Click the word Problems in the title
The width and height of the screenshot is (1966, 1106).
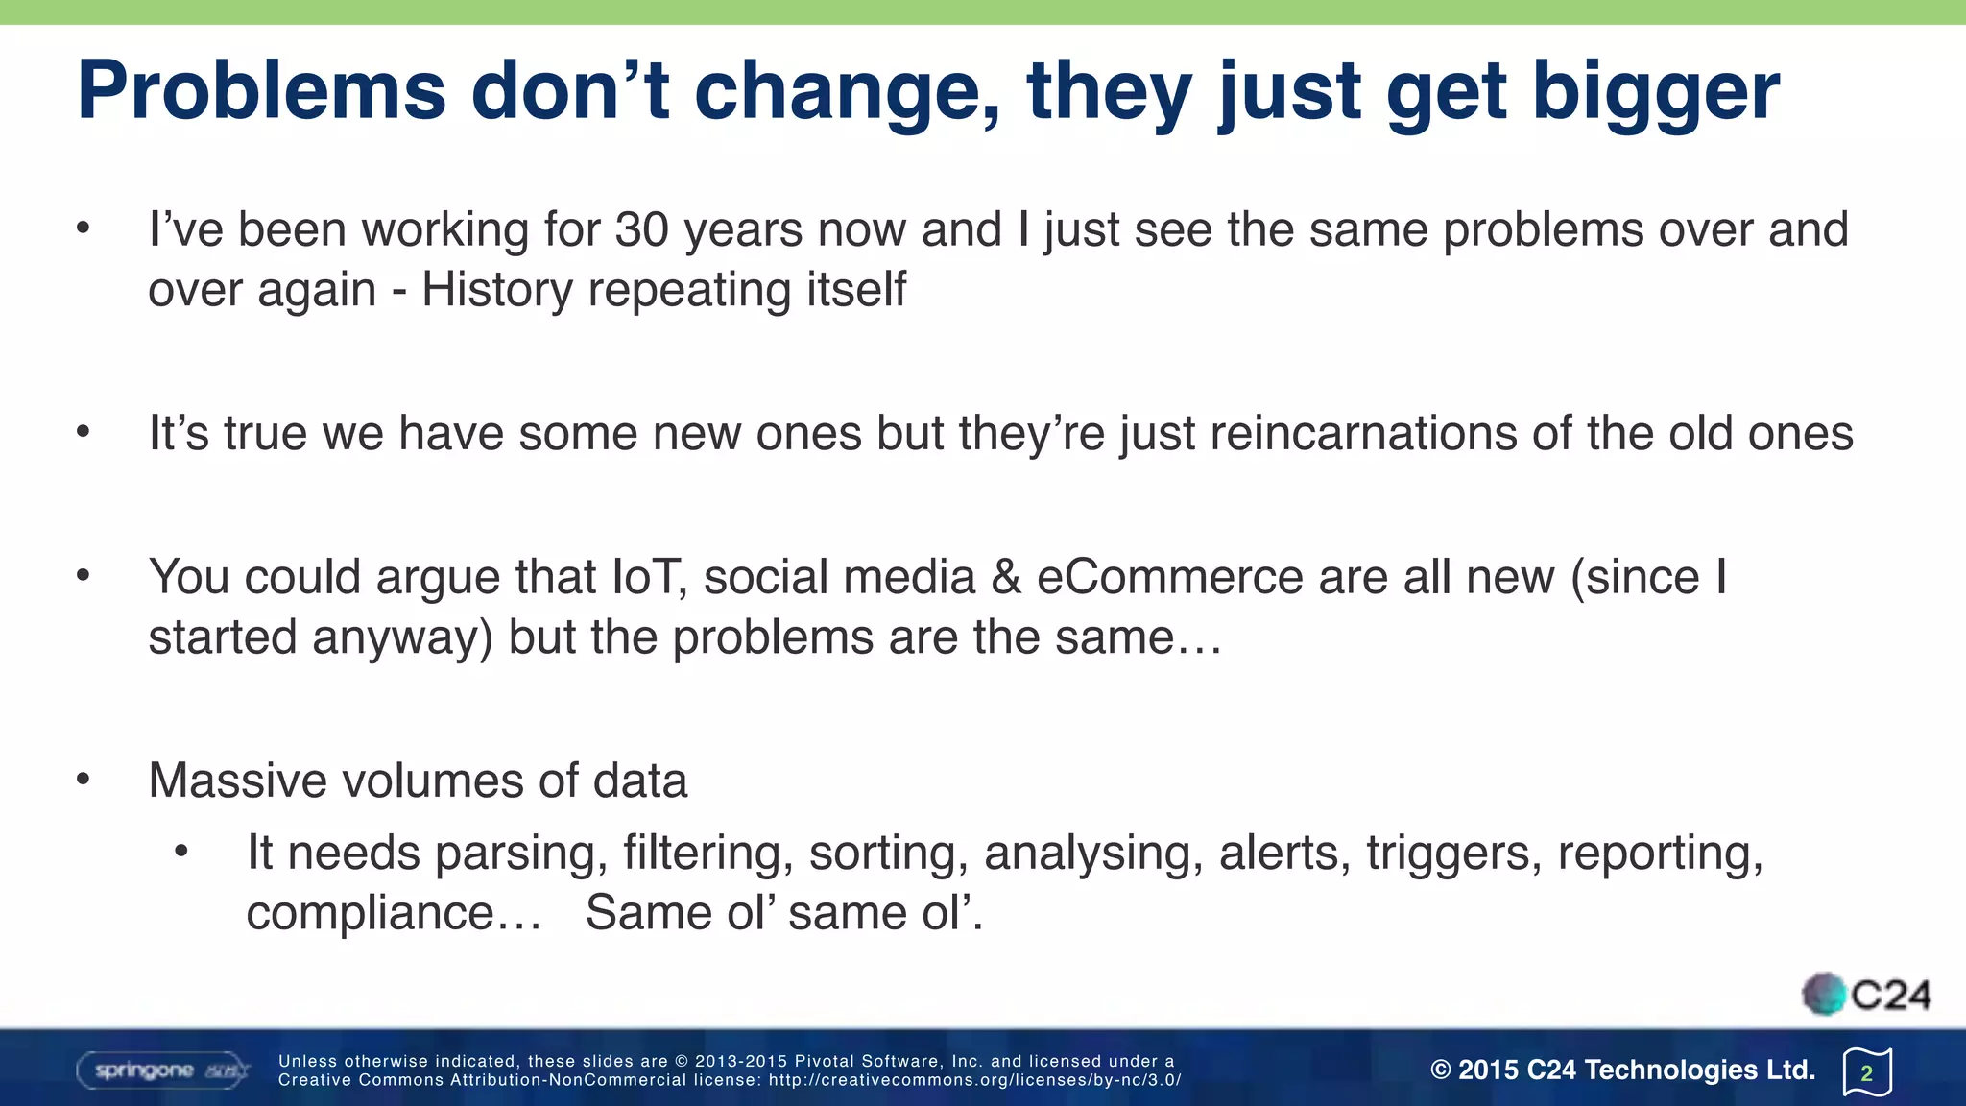point(261,91)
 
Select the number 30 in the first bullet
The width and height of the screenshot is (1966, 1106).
point(641,230)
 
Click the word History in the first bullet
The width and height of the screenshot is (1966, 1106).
point(496,289)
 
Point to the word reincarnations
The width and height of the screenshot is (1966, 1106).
point(1363,433)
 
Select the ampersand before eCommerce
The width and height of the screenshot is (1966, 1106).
point(1005,577)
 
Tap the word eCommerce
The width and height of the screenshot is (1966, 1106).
point(1169,577)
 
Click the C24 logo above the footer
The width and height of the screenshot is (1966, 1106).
point(1866,995)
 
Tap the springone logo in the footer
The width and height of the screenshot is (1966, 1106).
point(162,1070)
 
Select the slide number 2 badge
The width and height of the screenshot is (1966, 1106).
point(1867,1072)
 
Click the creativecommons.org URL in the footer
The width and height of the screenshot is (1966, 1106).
point(974,1080)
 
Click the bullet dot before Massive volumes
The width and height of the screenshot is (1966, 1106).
point(84,779)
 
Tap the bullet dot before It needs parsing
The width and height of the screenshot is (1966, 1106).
point(181,851)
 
